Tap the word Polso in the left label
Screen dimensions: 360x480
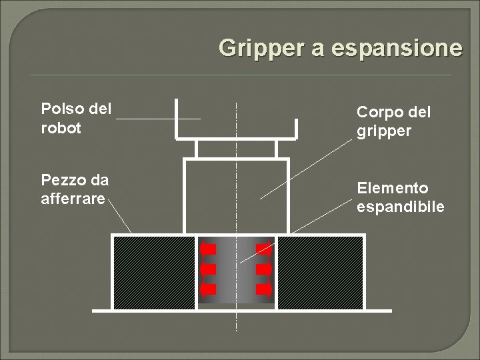(58, 109)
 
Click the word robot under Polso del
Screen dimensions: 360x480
(60, 127)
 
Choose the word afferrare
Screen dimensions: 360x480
(73, 198)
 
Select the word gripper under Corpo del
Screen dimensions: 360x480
(384, 131)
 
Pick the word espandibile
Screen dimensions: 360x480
(400, 207)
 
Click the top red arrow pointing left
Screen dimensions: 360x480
(209, 249)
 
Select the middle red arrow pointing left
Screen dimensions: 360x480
(209, 269)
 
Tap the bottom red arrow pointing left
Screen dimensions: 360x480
(209, 290)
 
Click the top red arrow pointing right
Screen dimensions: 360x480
(263, 249)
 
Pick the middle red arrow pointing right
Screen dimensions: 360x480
(263, 269)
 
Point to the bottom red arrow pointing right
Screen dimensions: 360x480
(263, 290)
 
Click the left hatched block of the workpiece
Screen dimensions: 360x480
(154, 273)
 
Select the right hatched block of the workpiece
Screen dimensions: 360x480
(319, 273)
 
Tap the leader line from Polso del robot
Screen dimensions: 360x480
(158, 119)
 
